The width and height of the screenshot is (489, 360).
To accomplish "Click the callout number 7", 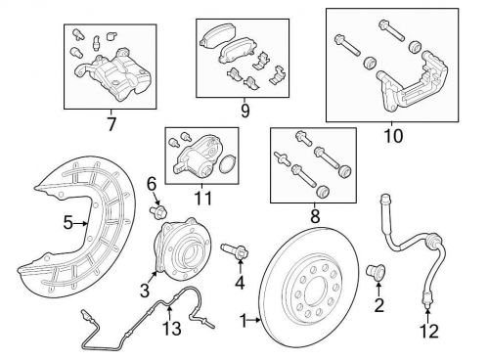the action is coord(111,123).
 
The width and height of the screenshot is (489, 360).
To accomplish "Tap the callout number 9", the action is coord(244,111).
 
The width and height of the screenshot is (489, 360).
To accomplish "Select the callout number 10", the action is coord(393,135).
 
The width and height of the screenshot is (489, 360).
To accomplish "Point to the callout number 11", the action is coord(202,198).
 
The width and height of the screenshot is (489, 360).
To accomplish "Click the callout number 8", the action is coord(315,216).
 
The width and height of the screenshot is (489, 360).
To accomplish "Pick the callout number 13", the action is coord(172,328).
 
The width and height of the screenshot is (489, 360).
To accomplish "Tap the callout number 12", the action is coord(429,332).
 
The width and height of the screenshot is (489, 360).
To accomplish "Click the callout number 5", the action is coord(67,223).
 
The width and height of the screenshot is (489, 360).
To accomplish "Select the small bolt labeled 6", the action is coord(158,211).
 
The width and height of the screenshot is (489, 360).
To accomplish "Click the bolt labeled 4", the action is coord(235,251).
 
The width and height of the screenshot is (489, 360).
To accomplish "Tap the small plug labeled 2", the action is coord(377,272).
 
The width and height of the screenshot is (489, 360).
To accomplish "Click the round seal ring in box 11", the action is coord(225,163).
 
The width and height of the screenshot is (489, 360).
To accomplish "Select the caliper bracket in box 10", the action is coord(414,81).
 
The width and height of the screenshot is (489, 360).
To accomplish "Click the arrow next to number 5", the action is coord(80,223).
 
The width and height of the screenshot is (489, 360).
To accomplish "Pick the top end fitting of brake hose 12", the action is coord(385,199).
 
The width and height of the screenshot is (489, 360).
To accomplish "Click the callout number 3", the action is coord(145,291).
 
